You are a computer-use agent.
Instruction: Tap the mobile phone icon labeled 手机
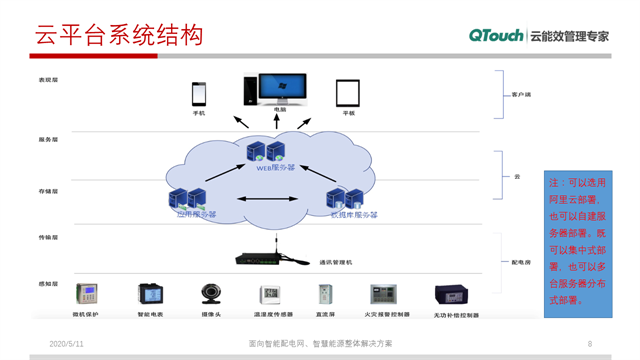[x=198, y=94]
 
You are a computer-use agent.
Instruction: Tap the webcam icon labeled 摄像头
[x=211, y=294]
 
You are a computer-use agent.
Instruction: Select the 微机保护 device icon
[x=87, y=294]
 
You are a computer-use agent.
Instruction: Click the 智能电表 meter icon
[x=149, y=294]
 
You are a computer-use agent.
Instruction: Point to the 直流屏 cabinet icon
[x=324, y=294]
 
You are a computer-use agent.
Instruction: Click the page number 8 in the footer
[x=590, y=343]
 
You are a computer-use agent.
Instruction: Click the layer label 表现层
[x=48, y=79]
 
